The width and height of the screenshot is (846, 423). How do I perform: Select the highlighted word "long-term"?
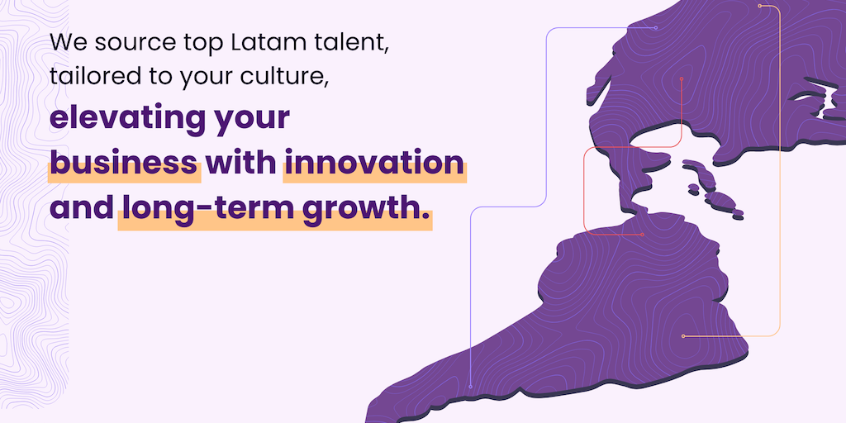tap(208, 209)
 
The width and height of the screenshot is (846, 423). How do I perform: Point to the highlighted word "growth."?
tap(366, 211)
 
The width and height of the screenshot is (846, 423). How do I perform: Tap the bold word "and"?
tap(82, 209)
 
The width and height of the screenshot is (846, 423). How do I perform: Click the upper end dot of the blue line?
tap(656, 28)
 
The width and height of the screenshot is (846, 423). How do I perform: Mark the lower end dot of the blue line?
tap(470, 387)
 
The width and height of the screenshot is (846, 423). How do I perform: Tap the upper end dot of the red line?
tap(682, 78)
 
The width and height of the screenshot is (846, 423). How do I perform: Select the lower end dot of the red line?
tap(642, 235)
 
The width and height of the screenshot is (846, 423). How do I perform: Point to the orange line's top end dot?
tap(760, 6)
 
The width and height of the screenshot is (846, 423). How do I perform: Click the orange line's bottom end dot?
tap(683, 336)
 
